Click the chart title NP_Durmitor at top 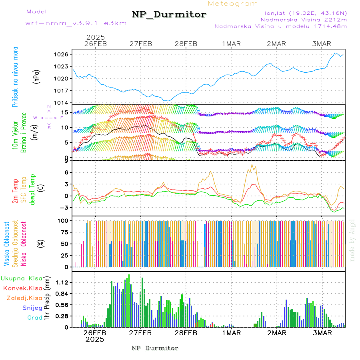[169, 15]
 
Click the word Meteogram [233, 4]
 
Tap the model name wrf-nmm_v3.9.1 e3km [76, 23]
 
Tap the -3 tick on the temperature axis [66, 208]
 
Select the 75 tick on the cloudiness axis [65, 232]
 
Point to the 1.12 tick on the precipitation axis [63, 282]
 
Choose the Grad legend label [35, 318]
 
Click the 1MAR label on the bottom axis [231, 333]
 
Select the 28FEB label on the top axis [186, 44]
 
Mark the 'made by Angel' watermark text [352, 240]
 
